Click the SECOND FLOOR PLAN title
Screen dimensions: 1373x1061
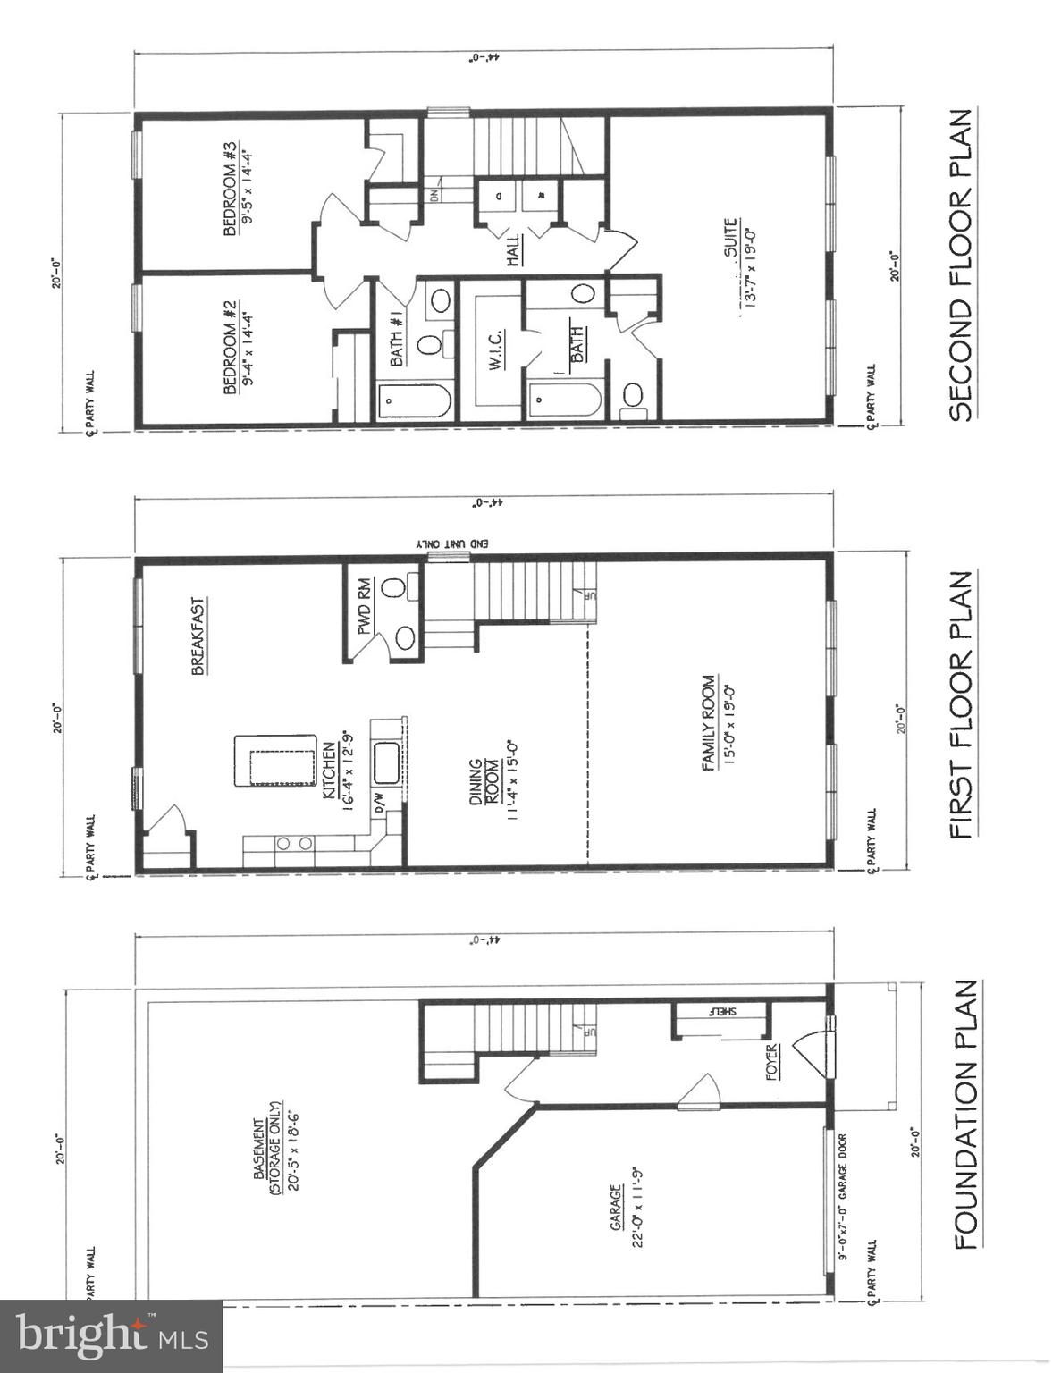tap(960, 265)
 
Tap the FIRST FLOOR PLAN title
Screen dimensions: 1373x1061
tap(960, 705)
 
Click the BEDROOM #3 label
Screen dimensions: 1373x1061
tap(231, 188)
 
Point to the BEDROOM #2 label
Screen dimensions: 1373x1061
tap(231, 347)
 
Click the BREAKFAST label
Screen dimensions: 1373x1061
tap(198, 636)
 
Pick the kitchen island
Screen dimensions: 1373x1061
tap(275, 761)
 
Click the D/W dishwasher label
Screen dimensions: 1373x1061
tap(379, 802)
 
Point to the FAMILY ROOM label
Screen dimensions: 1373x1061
tap(709, 722)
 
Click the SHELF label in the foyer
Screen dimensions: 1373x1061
tap(722, 1011)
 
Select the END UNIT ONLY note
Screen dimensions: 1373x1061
tap(452, 543)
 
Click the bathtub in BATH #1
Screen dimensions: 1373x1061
tap(413, 401)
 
